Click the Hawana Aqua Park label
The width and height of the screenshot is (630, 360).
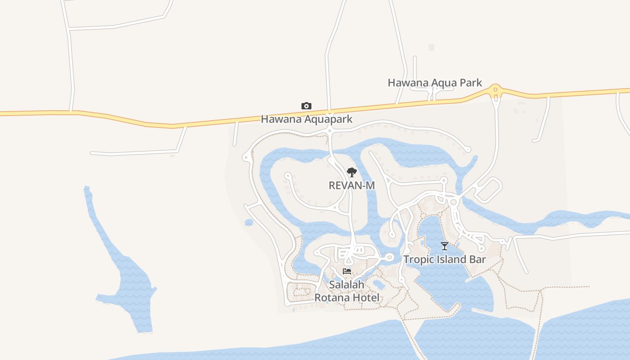point(435,83)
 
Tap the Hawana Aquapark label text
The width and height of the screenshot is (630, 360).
point(306,119)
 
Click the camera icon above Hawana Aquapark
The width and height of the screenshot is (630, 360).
point(306,106)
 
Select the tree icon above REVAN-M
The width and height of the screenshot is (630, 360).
point(352,172)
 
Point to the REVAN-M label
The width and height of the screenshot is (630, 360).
point(352,185)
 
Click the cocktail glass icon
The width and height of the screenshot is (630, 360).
point(445,246)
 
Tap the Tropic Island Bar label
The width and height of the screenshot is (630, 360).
point(445,260)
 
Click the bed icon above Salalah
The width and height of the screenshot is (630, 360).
point(346,271)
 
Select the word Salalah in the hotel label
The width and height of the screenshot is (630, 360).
point(346,284)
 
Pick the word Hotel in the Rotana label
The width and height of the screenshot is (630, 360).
point(366,297)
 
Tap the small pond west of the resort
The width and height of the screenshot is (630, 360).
point(249,222)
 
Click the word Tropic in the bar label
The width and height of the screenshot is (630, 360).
point(418,260)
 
